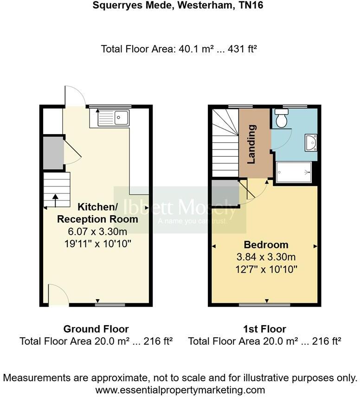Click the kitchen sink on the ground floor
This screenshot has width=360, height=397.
114,117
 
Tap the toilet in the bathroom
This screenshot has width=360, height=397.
281,119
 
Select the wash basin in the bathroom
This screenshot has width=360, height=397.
311,143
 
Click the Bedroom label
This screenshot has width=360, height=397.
266,245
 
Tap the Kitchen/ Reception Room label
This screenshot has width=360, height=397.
107,212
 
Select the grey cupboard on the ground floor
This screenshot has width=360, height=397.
53,152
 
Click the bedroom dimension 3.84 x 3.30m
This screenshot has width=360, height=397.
266,257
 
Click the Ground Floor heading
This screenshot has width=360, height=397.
96,329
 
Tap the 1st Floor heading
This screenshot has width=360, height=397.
264,329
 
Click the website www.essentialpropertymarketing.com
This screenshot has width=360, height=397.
180,390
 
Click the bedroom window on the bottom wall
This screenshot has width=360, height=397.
265,305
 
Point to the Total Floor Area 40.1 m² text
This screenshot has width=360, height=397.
179,49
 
